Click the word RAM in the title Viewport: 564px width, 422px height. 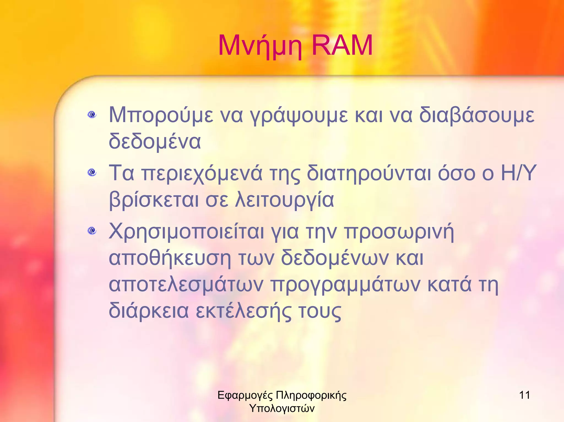[x=342, y=45]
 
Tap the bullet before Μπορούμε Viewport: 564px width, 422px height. [x=92, y=114]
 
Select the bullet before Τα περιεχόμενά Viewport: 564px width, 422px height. [x=92, y=173]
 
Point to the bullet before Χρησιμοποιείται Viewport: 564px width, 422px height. [x=92, y=230]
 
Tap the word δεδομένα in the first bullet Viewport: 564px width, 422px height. [x=155, y=141]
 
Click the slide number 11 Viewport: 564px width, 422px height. [x=524, y=395]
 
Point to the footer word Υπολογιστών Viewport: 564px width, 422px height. [x=282, y=408]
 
